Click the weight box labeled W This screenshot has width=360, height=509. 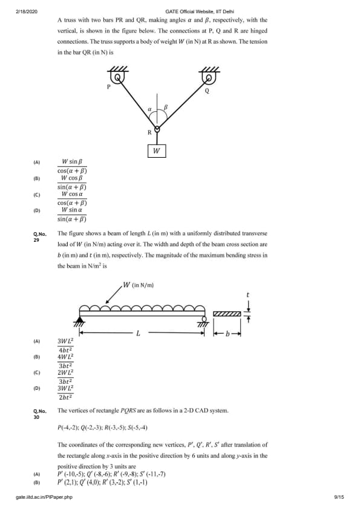click(157, 151)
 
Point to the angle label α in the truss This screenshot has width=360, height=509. click(150, 109)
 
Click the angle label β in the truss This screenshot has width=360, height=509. click(165, 107)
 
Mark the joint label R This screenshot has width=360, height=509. click(149, 132)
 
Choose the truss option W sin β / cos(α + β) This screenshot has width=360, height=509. click(72, 166)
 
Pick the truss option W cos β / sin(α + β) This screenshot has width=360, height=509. click(72, 182)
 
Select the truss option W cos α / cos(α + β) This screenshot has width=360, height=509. click(72, 198)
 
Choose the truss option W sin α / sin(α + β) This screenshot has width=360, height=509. click(72, 214)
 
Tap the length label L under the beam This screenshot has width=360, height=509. click(138, 333)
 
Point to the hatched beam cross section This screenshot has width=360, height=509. click(227, 314)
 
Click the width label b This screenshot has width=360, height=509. click(227, 333)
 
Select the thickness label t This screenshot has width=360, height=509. click(248, 295)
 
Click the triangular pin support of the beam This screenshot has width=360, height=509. click(79, 319)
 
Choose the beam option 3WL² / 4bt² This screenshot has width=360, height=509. click(65, 345)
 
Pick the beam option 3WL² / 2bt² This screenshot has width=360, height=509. click(65, 392)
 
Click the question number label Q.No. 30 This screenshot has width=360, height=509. click(40, 414)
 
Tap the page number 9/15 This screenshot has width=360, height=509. click(339, 497)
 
